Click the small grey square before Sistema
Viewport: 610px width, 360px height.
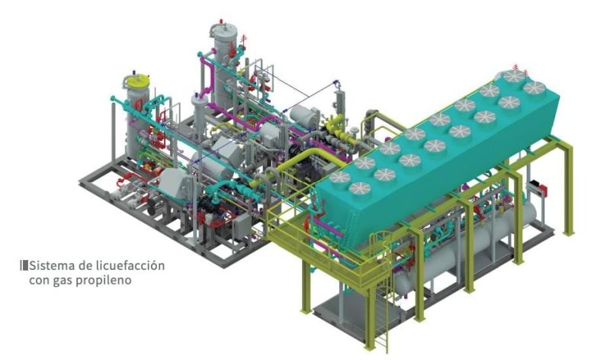(x=25, y=266)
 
